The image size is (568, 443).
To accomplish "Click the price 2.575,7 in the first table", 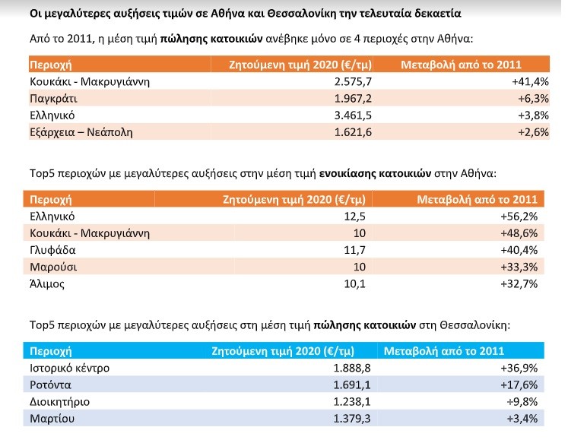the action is click(353, 82).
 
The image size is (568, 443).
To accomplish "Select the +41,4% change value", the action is click(530, 82).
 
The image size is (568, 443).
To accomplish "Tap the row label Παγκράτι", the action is click(54, 99).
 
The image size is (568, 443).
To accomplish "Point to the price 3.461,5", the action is click(353, 115).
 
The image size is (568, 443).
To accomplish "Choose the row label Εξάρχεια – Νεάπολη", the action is click(81, 132).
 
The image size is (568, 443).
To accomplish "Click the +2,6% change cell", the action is click(533, 132).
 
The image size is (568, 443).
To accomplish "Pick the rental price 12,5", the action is click(354, 217).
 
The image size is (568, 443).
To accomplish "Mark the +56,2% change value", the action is click(519, 217).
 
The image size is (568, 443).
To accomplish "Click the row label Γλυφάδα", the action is click(53, 250).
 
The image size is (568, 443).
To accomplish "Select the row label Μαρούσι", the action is click(54, 267).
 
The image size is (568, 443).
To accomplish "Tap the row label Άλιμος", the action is click(47, 283).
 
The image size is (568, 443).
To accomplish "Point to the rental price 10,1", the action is click(354, 283).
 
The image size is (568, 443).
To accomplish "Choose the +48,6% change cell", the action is click(519, 233).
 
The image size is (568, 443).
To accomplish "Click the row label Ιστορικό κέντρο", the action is click(69, 368).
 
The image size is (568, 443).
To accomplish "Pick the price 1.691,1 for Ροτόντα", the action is click(352, 384).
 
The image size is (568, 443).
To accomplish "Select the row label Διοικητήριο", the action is click(60, 402).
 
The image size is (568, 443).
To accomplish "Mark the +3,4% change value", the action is click(522, 419).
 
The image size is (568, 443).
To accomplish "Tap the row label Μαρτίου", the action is click(52, 419).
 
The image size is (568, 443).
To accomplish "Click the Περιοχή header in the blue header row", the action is click(51, 351).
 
